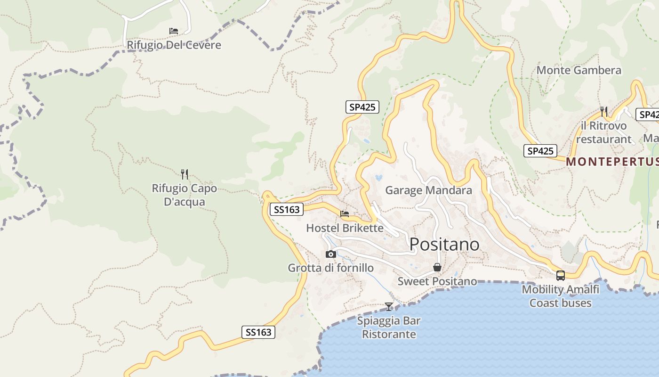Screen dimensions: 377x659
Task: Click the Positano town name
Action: point(444,245)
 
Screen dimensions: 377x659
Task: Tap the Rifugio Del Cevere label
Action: point(174,45)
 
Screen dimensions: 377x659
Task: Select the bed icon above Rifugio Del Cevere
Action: point(174,32)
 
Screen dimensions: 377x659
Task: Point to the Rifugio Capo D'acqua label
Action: point(185,195)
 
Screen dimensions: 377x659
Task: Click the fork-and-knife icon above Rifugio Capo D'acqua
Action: point(185,174)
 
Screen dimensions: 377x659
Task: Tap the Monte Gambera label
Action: point(579,70)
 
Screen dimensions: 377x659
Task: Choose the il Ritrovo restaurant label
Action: point(603,132)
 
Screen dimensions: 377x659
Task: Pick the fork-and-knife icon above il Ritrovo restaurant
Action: point(604,111)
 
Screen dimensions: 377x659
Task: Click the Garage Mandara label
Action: point(428,190)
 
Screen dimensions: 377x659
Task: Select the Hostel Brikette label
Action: point(345,228)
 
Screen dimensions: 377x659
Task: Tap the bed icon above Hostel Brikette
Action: point(345,214)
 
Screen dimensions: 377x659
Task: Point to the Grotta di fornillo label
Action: point(331,268)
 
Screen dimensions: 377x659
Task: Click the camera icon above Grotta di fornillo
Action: point(331,254)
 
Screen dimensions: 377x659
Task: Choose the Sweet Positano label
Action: point(437,281)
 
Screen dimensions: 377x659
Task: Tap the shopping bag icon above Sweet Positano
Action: point(437,268)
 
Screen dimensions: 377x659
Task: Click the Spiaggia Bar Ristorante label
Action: point(388,328)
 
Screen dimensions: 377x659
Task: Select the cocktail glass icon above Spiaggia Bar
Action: point(388,307)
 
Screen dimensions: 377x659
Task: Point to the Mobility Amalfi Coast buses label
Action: point(560,296)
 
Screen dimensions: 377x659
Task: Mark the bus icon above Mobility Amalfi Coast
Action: point(560,276)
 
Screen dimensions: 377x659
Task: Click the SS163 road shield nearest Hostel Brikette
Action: point(286,209)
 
